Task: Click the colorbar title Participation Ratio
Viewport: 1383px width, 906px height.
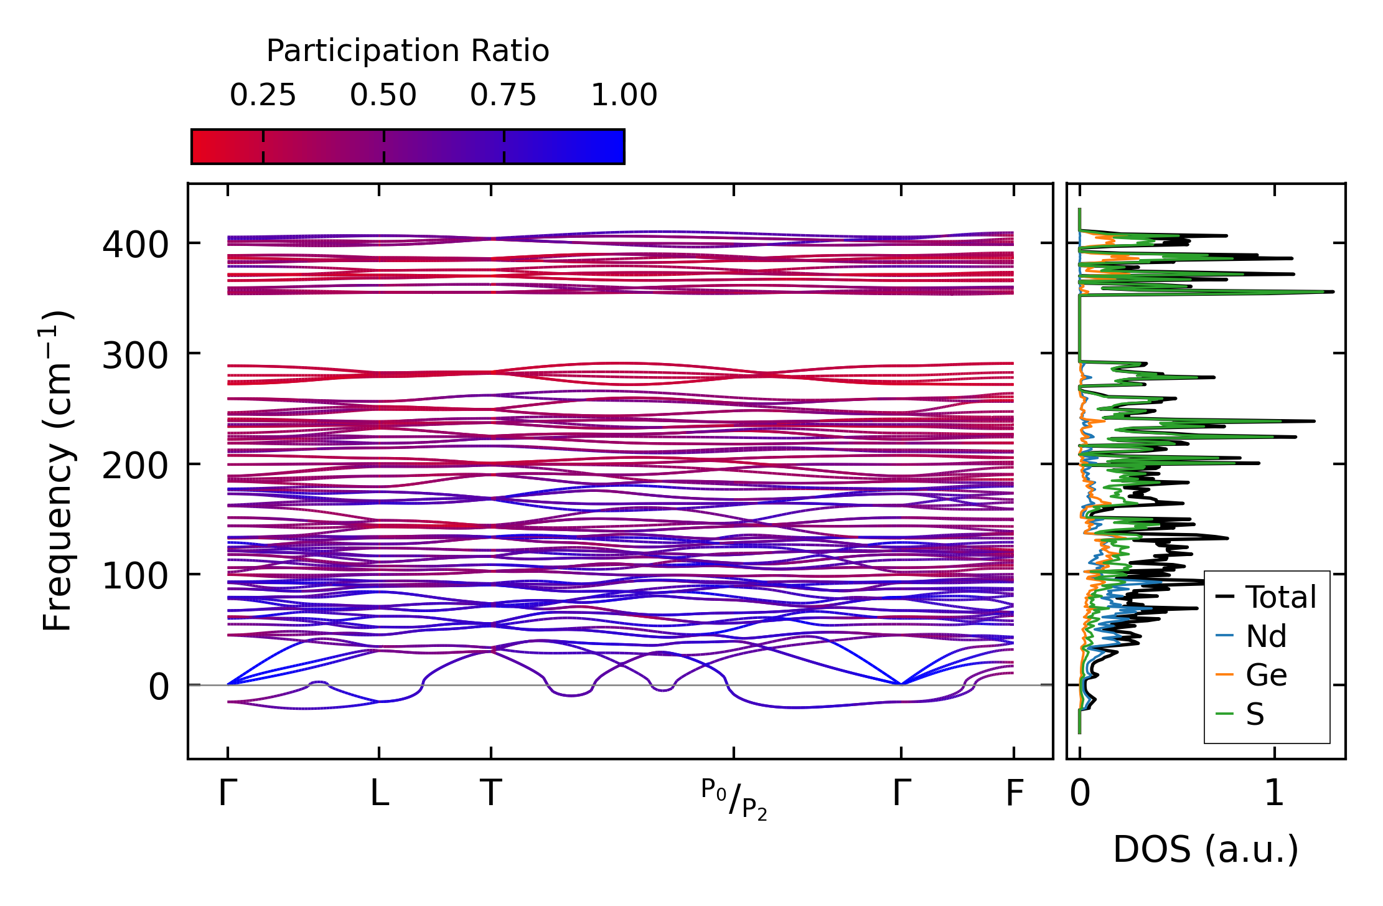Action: (x=408, y=51)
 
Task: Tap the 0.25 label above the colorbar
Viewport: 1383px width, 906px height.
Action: (x=263, y=95)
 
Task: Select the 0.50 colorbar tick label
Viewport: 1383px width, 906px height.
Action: (x=383, y=95)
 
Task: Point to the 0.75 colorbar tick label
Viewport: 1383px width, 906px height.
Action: (x=503, y=95)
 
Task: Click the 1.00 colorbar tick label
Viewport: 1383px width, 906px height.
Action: (x=624, y=95)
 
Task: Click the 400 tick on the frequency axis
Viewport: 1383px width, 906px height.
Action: (x=135, y=245)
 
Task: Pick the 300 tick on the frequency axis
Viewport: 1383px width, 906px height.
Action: (x=135, y=356)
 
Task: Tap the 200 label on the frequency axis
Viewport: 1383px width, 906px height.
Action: (x=135, y=466)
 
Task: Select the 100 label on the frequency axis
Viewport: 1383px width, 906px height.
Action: (x=135, y=576)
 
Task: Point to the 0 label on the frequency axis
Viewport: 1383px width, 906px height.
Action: (x=159, y=687)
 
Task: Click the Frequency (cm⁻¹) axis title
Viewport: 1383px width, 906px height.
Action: (x=58, y=471)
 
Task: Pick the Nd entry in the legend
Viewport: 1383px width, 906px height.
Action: (x=1266, y=636)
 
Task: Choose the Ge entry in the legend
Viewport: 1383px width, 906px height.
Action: (x=1266, y=675)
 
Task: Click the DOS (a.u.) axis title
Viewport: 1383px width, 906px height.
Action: (x=1206, y=849)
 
